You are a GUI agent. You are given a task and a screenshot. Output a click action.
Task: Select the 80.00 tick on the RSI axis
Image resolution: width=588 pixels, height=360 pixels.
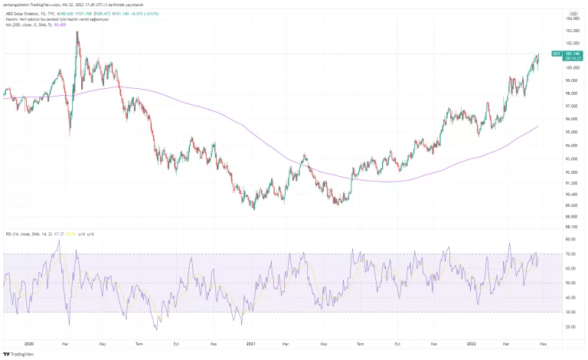[570, 239]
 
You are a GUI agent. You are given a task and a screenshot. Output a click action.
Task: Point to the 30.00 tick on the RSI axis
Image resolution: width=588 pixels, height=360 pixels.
[570, 312]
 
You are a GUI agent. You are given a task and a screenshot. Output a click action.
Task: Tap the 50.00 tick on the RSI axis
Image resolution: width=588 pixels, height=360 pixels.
[570, 283]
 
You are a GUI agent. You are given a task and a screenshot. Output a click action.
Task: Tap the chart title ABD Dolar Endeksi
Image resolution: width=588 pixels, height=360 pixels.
[22, 13]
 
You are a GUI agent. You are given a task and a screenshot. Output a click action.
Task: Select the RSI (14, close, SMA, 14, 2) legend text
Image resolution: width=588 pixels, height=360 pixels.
[29, 233]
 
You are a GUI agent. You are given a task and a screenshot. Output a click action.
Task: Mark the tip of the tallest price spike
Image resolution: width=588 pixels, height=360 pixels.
[77, 31]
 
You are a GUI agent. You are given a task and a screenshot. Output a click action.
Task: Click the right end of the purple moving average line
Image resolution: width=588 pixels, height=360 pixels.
[537, 126]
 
